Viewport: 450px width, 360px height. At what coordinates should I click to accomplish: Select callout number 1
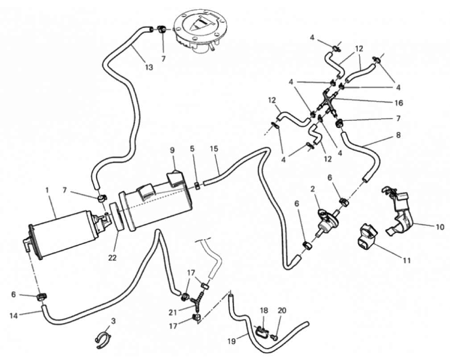click(x=47, y=190)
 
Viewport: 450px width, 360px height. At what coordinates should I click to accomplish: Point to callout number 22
click(x=112, y=258)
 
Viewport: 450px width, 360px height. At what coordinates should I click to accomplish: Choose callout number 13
click(x=149, y=67)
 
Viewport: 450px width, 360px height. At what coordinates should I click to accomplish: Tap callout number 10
click(x=440, y=227)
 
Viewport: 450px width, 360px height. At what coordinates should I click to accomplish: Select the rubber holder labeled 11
click(x=366, y=237)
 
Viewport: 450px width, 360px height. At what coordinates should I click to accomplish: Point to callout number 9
click(x=173, y=151)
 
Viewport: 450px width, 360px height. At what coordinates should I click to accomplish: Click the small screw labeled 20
click(x=275, y=338)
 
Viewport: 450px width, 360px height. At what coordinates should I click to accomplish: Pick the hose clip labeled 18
click(x=262, y=331)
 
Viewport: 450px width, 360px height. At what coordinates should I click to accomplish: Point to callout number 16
click(x=398, y=103)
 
